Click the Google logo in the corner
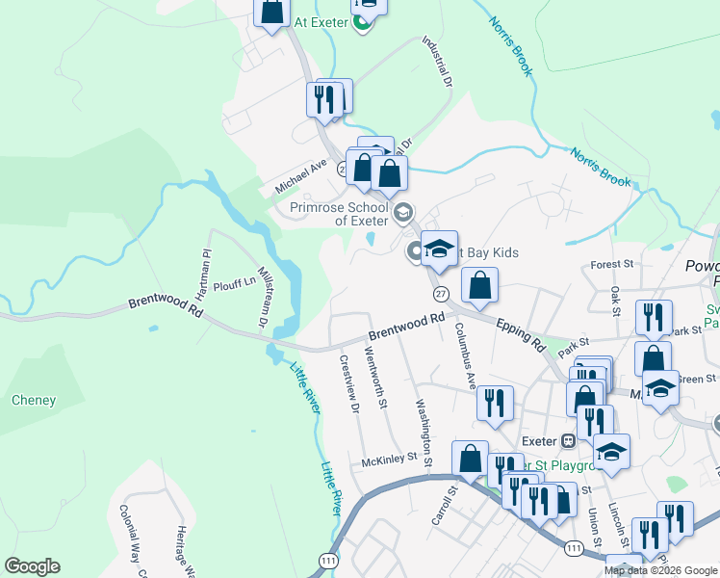[32, 566]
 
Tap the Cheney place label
[34, 400]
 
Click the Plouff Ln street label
[235, 281]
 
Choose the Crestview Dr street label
[349, 385]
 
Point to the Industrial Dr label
[438, 62]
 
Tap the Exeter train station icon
[569, 441]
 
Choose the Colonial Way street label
[129, 539]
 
